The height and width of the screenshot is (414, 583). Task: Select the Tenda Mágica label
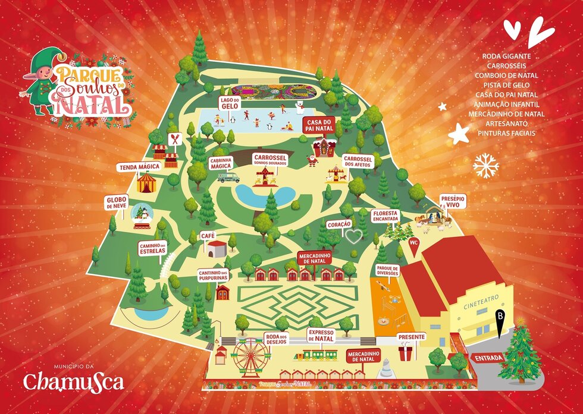pos(140,167)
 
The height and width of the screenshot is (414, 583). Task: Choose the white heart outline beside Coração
pos(354,237)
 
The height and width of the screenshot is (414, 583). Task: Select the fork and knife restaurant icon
pos(174,138)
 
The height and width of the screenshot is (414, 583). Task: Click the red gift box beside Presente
pos(406,354)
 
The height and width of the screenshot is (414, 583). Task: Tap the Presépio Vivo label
pos(453,201)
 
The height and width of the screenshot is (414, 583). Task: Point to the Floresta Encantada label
pos(384,216)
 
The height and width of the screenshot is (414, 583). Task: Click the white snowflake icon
pos(485,166)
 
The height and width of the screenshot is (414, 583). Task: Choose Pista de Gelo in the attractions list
pos(506,85)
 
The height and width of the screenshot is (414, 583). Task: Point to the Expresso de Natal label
pos(321,335)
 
